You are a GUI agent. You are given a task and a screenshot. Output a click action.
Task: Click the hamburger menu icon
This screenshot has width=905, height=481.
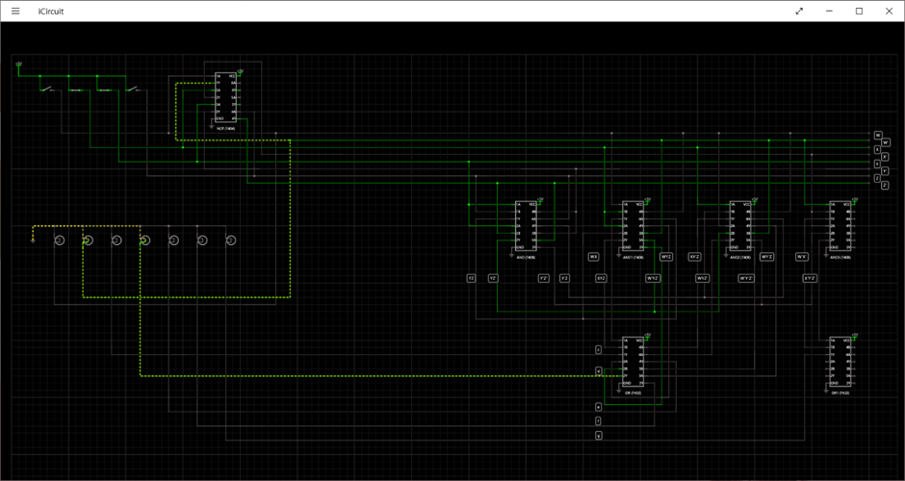(15, 11)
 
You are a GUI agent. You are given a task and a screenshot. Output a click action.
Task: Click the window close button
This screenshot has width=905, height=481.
(887, 11)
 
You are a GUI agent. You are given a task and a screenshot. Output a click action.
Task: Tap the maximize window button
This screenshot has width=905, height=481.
(859, 11)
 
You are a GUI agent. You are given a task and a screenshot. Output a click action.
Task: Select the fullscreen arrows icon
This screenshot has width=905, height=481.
(799, 11)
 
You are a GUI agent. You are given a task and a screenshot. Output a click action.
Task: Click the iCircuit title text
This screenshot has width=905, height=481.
(51, 11)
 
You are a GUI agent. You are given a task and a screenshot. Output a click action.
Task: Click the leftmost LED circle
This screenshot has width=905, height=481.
(58, 240)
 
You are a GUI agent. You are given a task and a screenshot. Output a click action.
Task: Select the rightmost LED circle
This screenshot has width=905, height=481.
(231, 240)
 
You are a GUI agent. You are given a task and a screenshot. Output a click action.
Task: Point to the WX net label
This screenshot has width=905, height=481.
(594, 257)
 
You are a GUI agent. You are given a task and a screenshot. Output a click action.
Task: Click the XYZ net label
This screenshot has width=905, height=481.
(601, 278)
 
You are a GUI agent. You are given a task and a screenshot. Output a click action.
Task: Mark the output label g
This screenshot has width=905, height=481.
(598, 436)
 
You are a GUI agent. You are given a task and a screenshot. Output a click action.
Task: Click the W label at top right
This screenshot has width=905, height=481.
(877, 135)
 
